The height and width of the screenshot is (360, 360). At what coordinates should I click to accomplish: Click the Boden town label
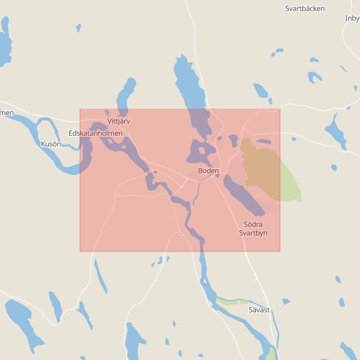[208, 170]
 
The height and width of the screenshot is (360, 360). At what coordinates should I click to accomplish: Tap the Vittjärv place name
[118, 121]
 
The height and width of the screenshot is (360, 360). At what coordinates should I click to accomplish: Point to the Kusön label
[51, 145]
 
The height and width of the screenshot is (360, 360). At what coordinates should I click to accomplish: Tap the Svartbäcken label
[305, 9]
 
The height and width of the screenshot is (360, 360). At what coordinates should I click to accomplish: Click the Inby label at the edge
[352, 18]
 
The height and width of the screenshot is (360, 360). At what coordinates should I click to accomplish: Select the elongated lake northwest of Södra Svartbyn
[242, 195]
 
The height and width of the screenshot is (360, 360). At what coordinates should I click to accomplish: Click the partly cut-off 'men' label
[6, 113]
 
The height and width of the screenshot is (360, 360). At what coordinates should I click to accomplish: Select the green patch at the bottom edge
[272, 354]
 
